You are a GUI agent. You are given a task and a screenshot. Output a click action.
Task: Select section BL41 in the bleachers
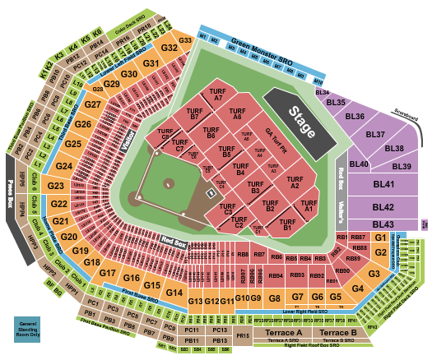click(383, 186)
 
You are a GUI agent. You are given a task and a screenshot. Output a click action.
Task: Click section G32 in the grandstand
click(170, 48)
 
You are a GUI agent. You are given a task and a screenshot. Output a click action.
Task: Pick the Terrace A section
click(283, 332)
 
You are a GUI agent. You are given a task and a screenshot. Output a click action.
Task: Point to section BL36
click(355, 117)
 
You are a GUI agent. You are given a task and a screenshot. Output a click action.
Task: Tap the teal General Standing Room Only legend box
click(30, 327)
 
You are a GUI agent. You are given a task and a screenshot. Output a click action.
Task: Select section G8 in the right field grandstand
click(275, 298)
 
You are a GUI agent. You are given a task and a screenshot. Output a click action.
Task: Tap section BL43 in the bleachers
click(383, 224)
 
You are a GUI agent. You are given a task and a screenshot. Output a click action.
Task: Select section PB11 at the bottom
click(192, 339)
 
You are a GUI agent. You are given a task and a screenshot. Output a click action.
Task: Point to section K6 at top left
click(98, 36)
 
